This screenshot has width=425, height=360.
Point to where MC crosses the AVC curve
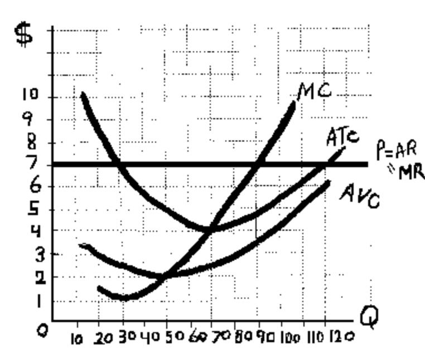coord(165,274)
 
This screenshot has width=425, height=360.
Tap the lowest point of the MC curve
coord(124,298)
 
